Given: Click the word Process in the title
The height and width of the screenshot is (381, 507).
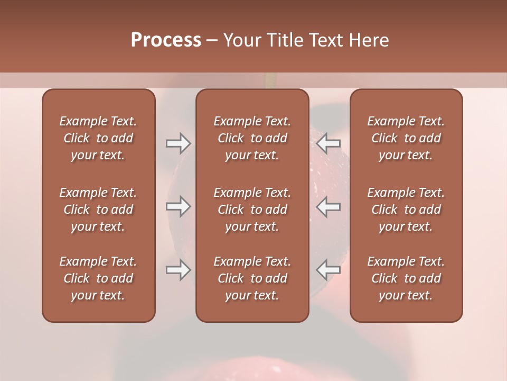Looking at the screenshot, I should point(166,40).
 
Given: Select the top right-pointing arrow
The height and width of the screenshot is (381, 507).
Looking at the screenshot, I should point(178,142).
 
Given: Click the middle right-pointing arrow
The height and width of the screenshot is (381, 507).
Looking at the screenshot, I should point(178,206).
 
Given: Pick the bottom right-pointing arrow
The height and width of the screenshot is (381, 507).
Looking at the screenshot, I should point(178,270).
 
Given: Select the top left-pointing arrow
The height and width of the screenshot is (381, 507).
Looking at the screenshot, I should point(328,142).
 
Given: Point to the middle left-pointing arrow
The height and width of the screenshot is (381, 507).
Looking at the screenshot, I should point(328,206).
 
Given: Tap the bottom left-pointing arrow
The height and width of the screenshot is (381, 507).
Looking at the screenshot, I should point(328,270).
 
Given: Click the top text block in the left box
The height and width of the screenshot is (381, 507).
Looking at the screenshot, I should point(98,138).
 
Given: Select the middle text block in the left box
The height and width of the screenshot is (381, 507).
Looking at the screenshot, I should point(98,210).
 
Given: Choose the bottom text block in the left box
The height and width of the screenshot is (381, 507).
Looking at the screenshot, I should point(98,278).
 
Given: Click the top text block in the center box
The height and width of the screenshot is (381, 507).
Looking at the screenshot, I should point(252,138).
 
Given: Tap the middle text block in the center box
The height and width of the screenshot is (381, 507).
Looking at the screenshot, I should point(252,210).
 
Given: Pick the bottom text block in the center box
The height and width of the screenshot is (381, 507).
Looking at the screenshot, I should point(252,278).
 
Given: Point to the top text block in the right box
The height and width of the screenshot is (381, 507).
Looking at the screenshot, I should point(406,138).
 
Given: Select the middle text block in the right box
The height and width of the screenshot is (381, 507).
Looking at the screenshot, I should point(406,210).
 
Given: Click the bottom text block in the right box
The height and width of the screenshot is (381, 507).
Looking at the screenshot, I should point(406,278).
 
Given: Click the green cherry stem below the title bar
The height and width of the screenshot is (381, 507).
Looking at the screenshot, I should point(271,80).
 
